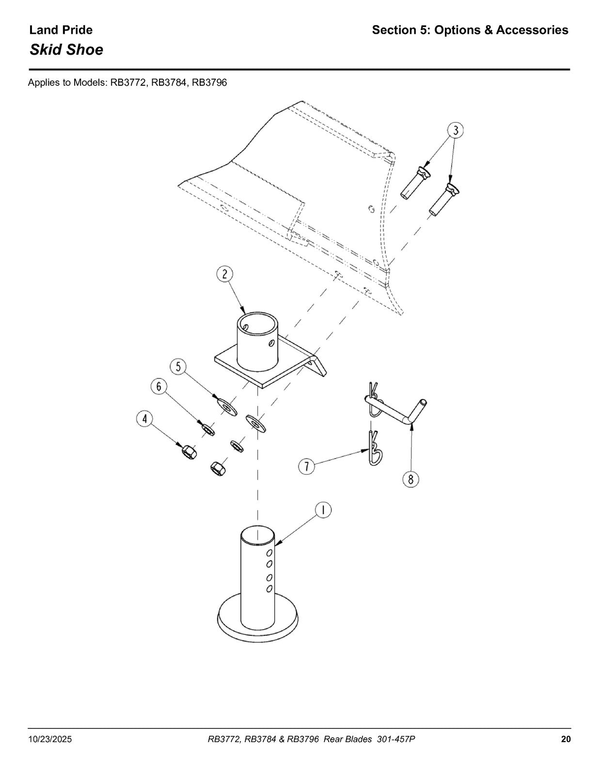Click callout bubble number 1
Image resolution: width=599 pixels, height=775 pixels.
(x=323, y=511)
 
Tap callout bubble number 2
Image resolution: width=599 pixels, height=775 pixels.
(x=225, y=274)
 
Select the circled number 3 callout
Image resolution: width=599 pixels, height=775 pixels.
(x=455, y=130)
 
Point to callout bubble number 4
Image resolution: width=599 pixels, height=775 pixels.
(x=144, y=419)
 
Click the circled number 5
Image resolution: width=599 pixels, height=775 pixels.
(x=178, y=367)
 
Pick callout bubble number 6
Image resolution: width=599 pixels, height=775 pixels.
(x=159, y=387)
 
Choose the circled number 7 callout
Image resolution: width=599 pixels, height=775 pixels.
(x=307, y=466)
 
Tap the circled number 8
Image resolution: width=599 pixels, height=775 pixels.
(x=410, y=480)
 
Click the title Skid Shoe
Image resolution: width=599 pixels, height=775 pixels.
(x=66, y=49)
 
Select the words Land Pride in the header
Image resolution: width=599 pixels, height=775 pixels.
(x=61, y=30)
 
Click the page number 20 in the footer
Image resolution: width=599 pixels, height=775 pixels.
(x=566, y=739)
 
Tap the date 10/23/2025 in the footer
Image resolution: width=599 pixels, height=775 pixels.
(x=50, y=739)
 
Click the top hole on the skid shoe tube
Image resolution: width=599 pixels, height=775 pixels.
(x=269, y=553)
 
